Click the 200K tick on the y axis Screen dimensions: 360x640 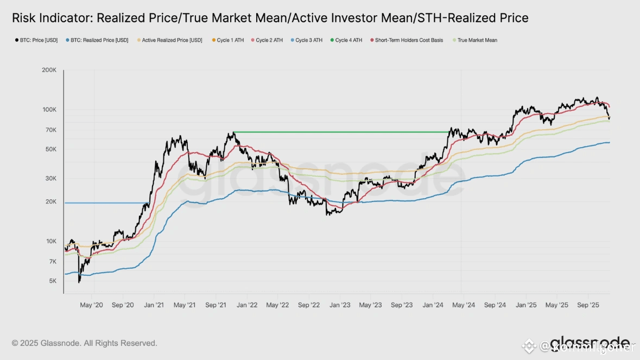(49, 71)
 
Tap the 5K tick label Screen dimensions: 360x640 (52, 281)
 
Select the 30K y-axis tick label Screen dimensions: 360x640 (50, 179)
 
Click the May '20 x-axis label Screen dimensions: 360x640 (91, 305)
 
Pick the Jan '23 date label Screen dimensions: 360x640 (340, 305)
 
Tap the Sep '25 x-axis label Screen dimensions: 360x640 (588, 305)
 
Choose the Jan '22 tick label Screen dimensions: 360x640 (247, 305)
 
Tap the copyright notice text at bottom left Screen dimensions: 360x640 (84, 343)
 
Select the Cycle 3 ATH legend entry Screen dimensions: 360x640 (309, 40)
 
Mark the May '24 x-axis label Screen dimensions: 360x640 (464, 305)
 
